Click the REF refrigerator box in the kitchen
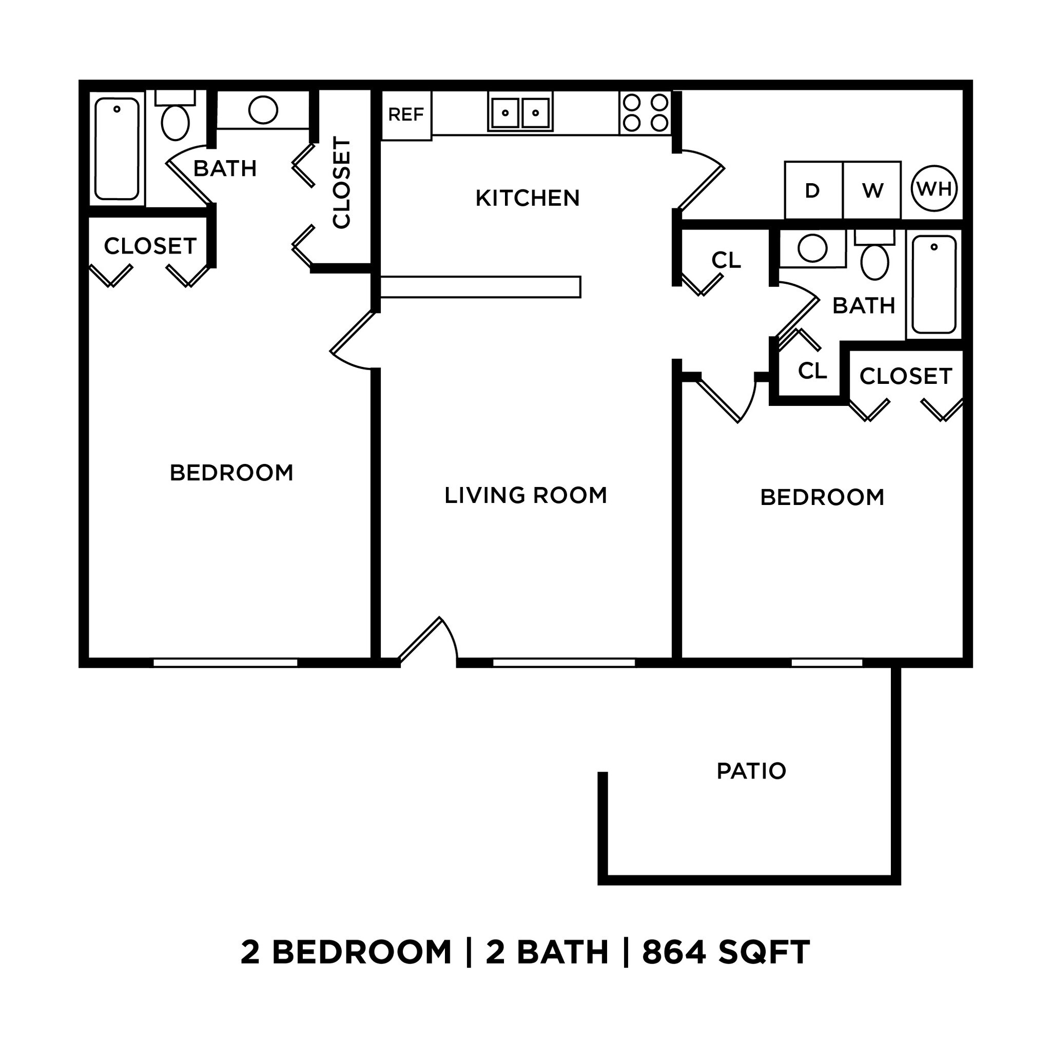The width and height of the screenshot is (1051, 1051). point(406,115)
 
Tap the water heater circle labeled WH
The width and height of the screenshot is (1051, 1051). point(934,189)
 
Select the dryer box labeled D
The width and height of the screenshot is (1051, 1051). point(813,190)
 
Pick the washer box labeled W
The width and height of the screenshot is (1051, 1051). point(872,190)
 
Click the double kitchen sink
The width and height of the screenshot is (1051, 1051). point(520,112)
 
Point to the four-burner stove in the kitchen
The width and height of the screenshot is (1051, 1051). point(645,112)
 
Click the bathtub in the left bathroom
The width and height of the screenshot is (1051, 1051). point(117,148)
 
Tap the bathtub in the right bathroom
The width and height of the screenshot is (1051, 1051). point(934,284)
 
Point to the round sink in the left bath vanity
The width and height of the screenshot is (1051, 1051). point(263,110)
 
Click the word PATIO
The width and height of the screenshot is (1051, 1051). point(751,771)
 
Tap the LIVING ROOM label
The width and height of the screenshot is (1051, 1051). point(525,495)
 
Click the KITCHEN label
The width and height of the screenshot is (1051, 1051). point(527,198)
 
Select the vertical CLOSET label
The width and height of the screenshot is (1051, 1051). point(342,183)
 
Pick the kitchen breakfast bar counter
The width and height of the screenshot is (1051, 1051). point(480,287)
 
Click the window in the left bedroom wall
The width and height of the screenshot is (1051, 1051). point(225,663)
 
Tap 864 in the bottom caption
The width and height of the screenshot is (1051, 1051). point(673,952)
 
